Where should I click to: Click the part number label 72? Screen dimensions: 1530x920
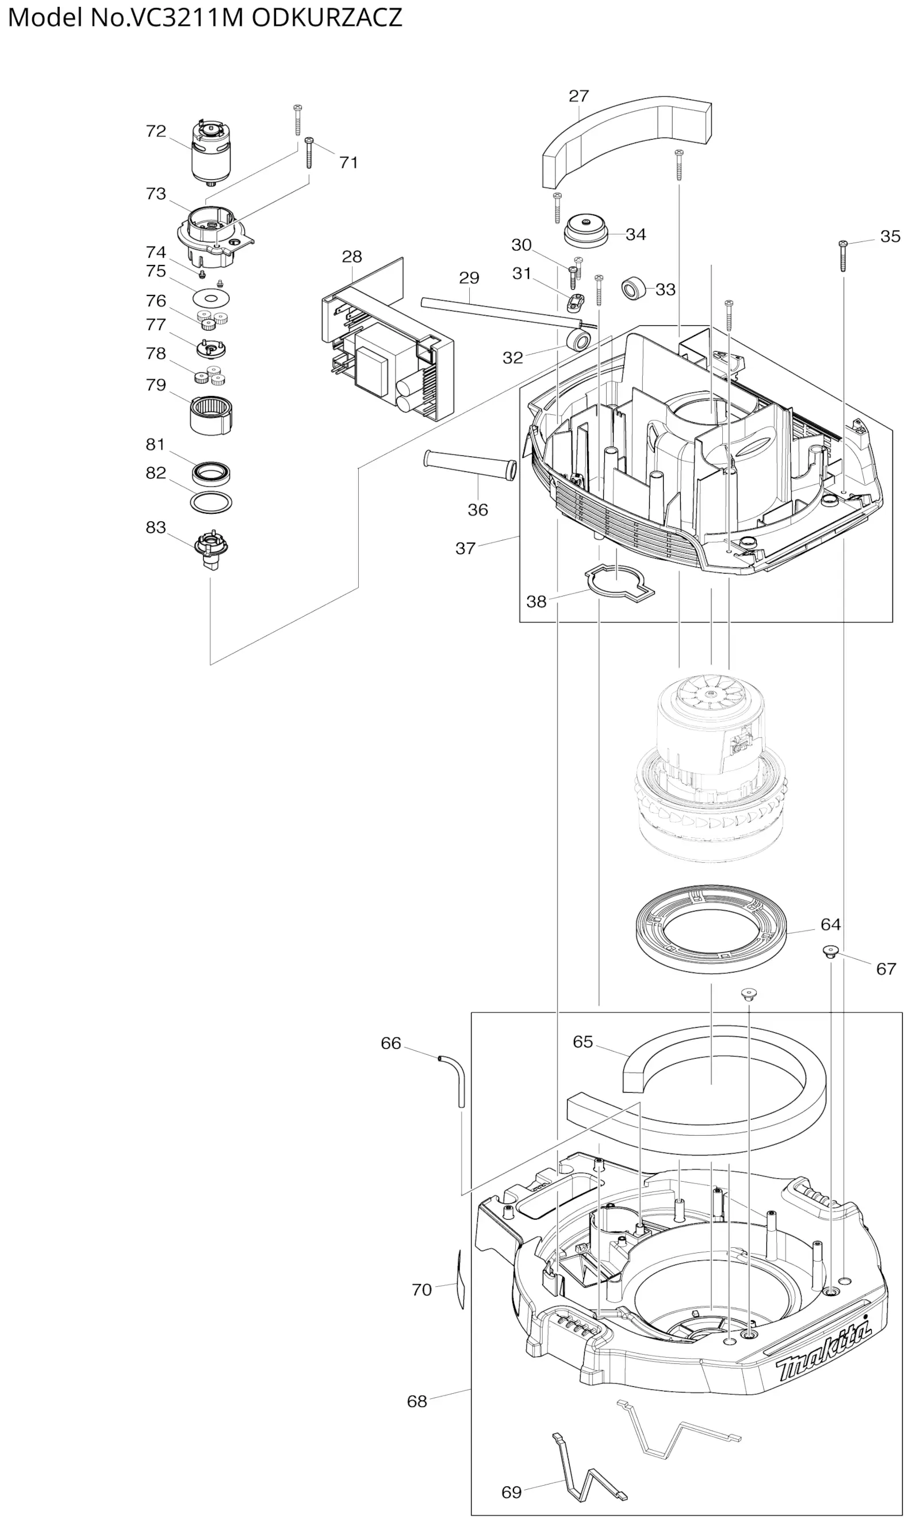[x=156, y=132]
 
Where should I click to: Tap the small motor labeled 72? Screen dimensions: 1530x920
[x=211, y=152]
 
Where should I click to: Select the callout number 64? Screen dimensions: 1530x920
[x=830, y=925]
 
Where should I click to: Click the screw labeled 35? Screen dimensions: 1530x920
[x=842, y=255]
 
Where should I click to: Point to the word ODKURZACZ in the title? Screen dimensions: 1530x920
[x=327, y=17]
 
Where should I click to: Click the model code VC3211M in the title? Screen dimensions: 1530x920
[x=185, y=17]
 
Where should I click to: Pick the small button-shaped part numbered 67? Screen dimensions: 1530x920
[x=830, y=951]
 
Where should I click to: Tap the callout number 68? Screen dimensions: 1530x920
[x=417, y=1401]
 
